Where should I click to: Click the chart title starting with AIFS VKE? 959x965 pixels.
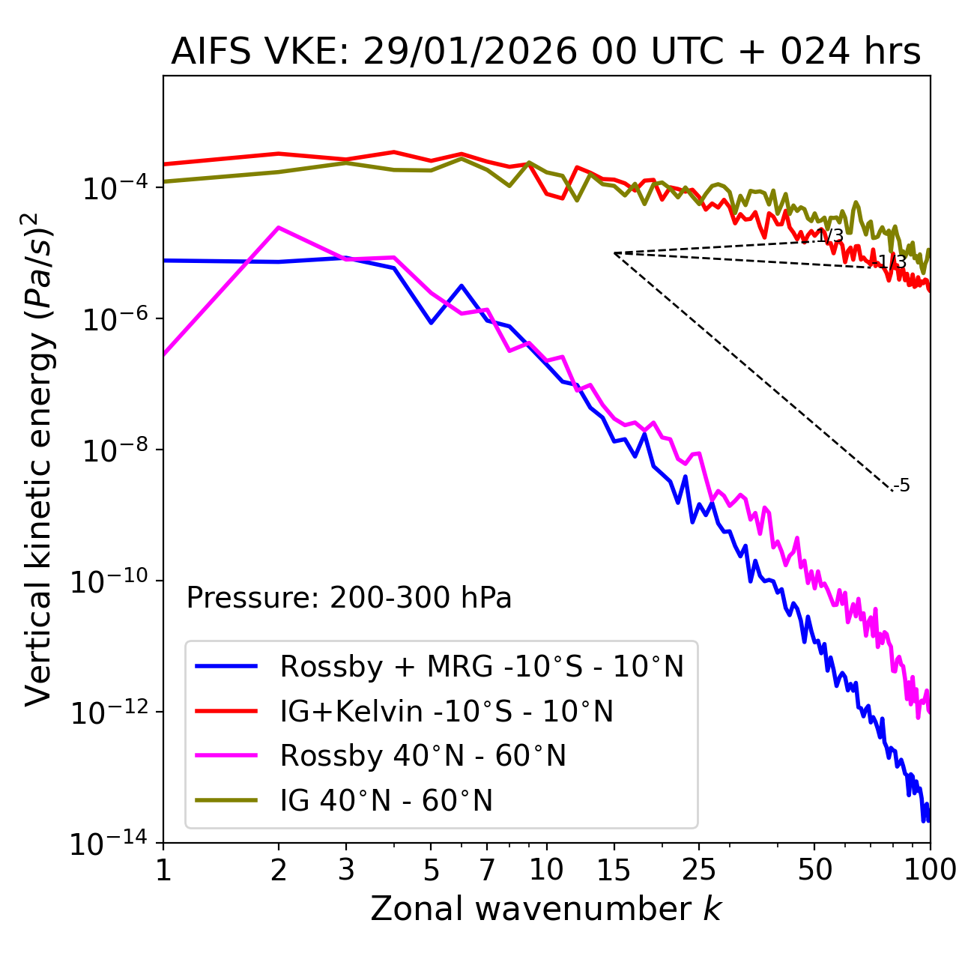click(x=545, y=52)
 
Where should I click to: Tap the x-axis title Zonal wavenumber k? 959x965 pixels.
click(x=545, y=908)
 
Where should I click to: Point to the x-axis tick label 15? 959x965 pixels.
click(x=614, y=870)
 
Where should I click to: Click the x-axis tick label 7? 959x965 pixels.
click(x=487, y=870)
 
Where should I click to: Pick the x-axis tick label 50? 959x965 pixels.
click(x=814, y=870)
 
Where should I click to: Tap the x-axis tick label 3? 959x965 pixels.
click(x=346, y=870)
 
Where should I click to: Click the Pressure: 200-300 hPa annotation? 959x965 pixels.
click(x=348, y=598)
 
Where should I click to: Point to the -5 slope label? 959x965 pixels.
click(x=902, y=485)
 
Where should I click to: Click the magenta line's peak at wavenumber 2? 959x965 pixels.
click(x=279, y=227)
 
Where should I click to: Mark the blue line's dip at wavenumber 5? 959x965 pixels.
click(x=431, y=323)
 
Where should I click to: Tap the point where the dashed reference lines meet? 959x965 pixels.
click(x=614, y=253)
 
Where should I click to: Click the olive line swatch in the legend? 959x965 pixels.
click(x=226, y=800)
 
